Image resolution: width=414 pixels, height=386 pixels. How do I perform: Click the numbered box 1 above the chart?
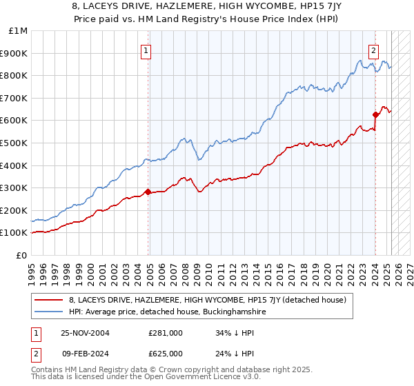tap(147, 50)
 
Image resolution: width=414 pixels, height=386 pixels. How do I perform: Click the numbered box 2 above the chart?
tap(373, 50)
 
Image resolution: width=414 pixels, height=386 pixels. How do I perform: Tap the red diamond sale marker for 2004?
tap(148, 192)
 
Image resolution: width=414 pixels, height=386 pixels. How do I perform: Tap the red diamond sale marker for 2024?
tap(375, 114)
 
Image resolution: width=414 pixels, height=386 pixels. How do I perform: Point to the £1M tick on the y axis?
tap(19, 31)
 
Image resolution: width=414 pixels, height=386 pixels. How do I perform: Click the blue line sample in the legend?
tap(48, 312)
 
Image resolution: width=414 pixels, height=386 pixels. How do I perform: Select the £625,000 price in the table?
tap(165, 354)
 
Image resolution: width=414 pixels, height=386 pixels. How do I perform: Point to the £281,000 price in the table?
tap(165, 333)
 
